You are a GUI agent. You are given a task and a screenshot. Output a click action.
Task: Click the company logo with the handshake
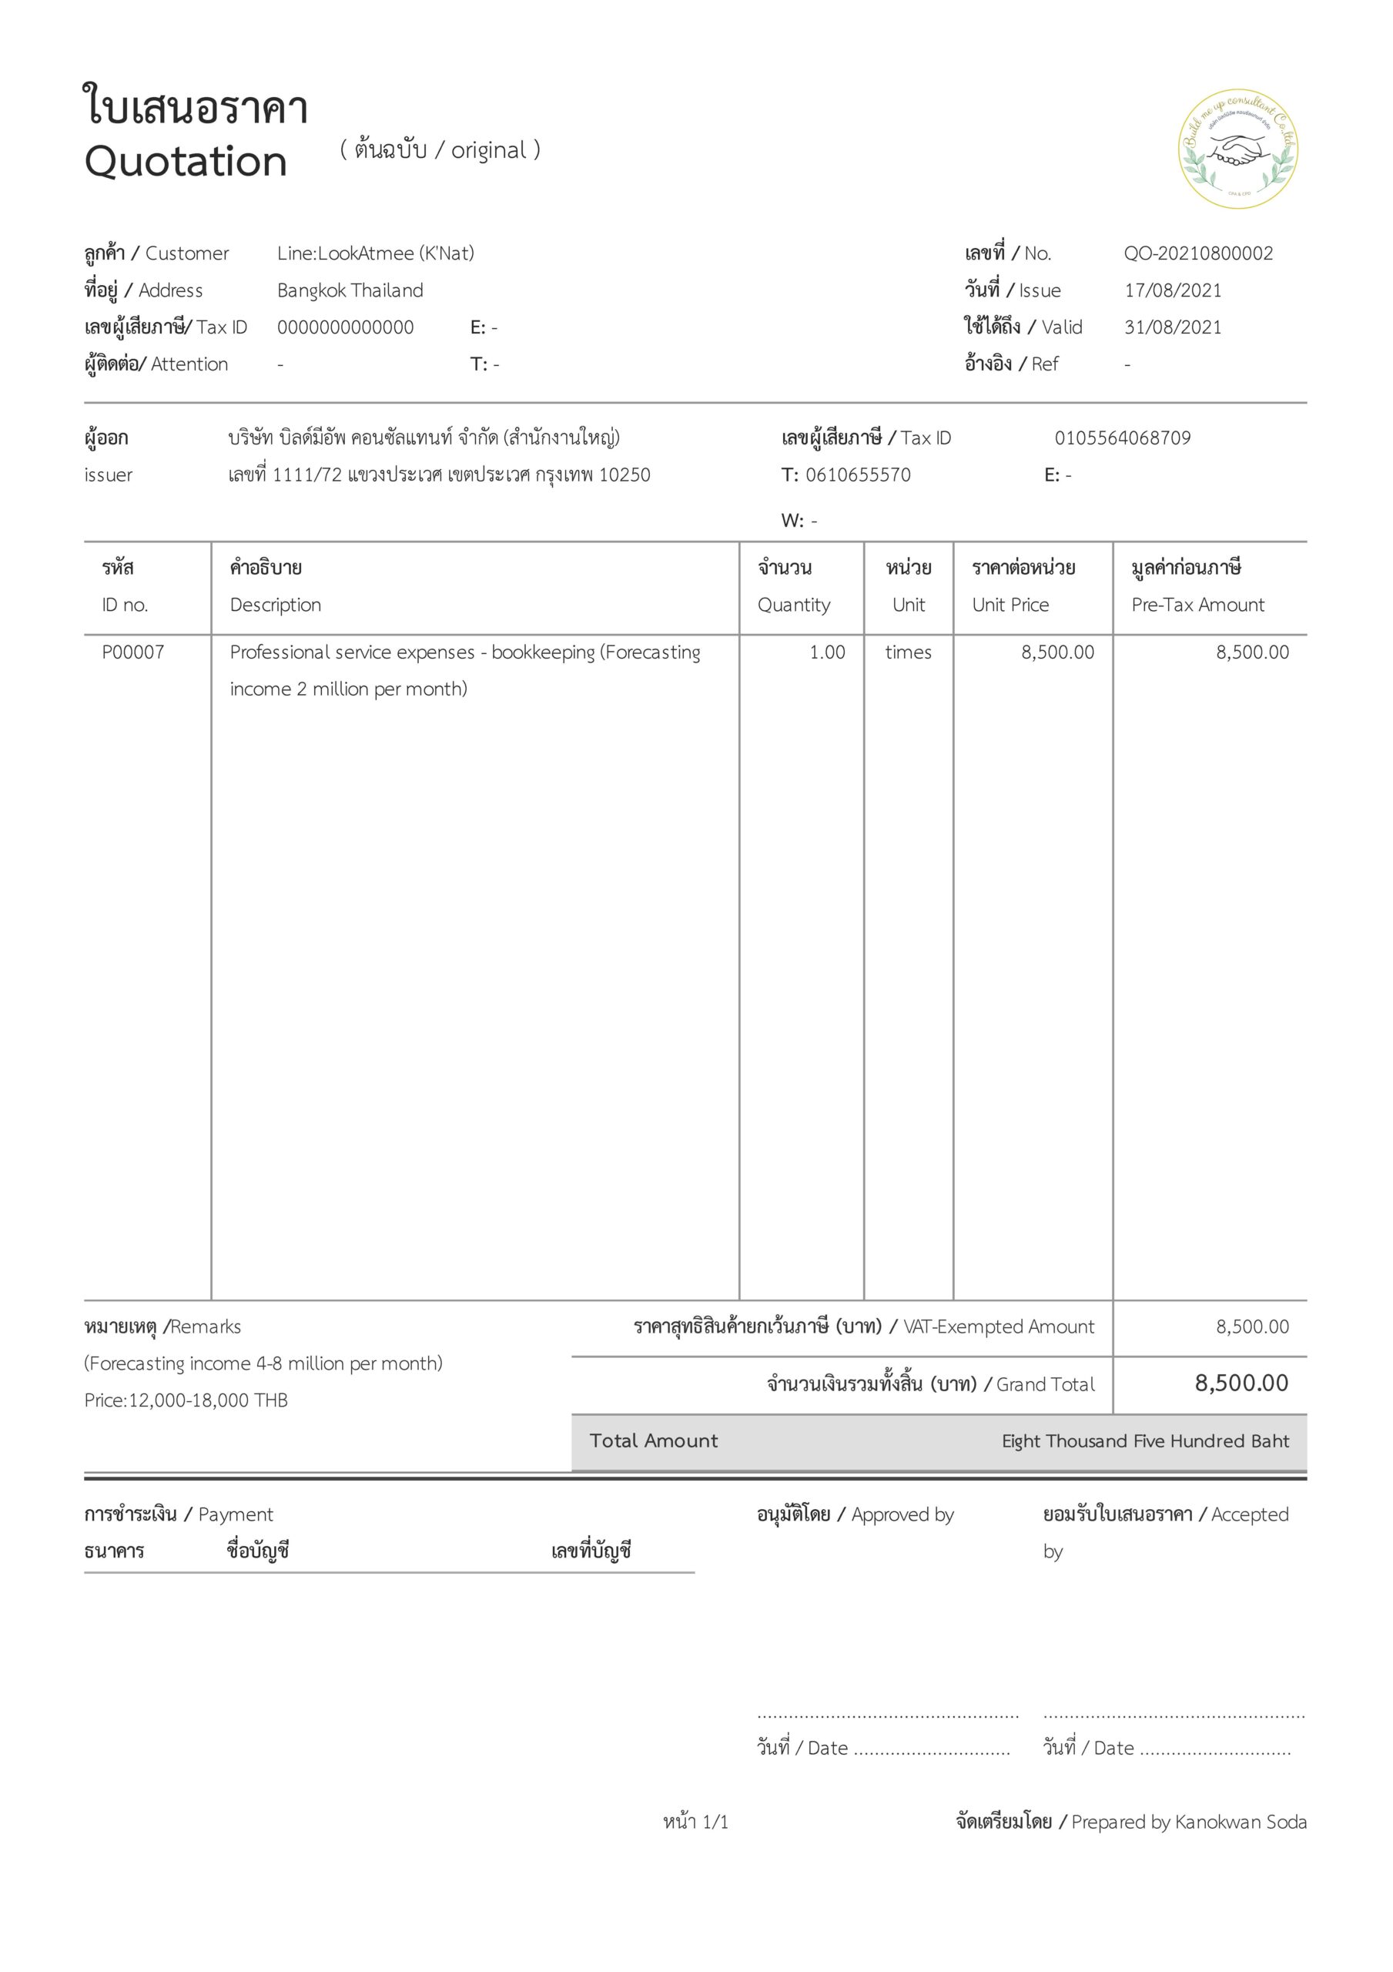(x=1237, y=149)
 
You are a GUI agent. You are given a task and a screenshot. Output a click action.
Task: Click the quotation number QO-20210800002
(x=1198, y=253)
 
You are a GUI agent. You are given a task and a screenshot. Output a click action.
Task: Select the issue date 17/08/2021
(x=1172, y=290)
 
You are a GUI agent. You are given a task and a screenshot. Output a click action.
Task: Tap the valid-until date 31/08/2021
(x=1172, y=327)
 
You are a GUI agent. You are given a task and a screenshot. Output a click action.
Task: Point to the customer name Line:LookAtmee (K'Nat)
(x=375, y=253)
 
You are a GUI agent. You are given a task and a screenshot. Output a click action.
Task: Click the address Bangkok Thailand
(x=350, y=290)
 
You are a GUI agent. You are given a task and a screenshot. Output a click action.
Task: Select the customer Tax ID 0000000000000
(x=345, y=327)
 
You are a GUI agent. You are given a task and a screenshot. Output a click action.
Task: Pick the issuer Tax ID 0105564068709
(x=1123, y=438)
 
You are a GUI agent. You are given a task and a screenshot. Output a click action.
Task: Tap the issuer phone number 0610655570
(x=857, y=475)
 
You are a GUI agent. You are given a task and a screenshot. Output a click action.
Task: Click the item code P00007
(x=133, y=652)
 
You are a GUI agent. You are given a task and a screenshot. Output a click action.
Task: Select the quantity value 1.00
(x=827, y=652)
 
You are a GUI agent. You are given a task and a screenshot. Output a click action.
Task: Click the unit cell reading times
(x=908, y=652)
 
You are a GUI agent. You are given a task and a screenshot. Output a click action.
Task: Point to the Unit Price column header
(x=1011, y=605)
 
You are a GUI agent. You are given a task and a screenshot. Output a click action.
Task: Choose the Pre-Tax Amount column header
(x=1197, y=605)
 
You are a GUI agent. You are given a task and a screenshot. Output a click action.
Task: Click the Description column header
(x=275, y=605)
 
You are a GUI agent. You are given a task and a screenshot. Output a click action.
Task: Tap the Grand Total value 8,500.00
(x=1241, y=1383)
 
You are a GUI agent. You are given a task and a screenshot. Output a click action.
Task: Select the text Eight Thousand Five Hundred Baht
(x=1145, y=1441)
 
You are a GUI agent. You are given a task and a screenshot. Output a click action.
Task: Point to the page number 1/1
(x=715, y=1822)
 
